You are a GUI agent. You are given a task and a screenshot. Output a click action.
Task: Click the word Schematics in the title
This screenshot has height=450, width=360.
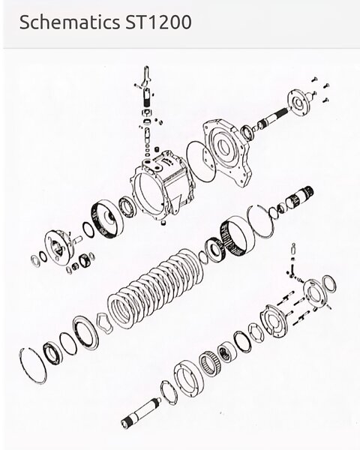pyautogui.click(x=70, y=22)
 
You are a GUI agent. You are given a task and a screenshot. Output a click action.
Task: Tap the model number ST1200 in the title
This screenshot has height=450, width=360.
pyautogui.click(x=158, y=22)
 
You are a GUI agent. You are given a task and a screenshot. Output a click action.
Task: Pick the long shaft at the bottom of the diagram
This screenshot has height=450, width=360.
pyautogui.click(x=141, y=412)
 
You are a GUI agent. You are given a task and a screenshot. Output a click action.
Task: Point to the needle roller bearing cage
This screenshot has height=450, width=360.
pyautogui.click(x=211, y=363)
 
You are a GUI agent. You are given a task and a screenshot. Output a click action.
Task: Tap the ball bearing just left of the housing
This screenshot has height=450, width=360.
pyautogui.click(x=126, y=206)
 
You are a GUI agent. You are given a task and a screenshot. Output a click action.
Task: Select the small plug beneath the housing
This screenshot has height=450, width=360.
pyautogui.click(x=163, y=223)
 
